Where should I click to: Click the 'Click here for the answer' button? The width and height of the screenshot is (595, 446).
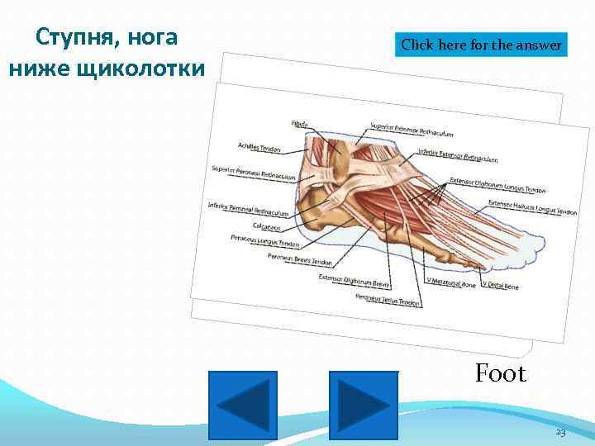tap(482, 45)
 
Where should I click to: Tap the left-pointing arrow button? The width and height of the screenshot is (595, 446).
tap(242, 405)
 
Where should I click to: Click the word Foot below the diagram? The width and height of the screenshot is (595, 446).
tap(500, 374)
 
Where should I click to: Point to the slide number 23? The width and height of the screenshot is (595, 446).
tap(560, 433)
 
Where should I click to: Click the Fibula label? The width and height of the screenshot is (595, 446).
tap(300, 124)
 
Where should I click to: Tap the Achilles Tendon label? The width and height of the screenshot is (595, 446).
tap(259, 148)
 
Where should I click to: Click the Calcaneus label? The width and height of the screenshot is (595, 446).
tap(266, 227)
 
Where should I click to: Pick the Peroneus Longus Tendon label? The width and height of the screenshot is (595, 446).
tap(264, 242)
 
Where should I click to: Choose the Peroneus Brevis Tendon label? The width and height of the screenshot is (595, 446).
tap(299, 260)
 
